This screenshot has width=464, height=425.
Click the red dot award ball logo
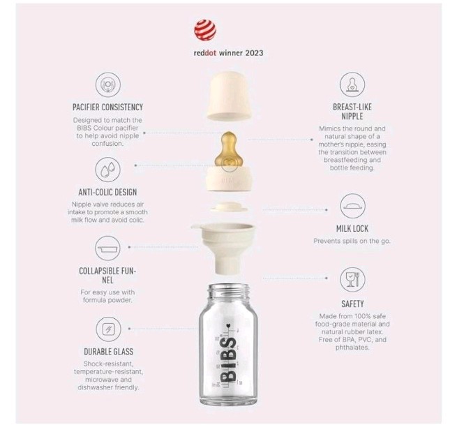click(x=204, y=30)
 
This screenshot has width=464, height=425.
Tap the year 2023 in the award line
click(x=254, y=53)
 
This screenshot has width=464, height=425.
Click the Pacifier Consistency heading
click(x=107, y=107)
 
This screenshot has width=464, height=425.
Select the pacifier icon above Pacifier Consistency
click(x=107, y=84)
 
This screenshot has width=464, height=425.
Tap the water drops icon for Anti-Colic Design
click(x=107, y=170)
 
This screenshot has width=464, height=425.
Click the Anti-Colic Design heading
click(x=107, y=192)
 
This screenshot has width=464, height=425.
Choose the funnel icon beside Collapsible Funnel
click(x=107, y=248)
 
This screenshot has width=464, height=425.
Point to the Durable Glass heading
click(x=109, y=352)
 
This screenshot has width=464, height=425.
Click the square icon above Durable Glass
click(x=108, y=329)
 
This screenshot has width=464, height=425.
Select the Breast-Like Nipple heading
click(x=352, y=111)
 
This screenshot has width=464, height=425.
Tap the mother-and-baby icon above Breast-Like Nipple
click(x=352, y=84)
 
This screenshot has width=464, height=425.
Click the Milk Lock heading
click(x=352, y=228)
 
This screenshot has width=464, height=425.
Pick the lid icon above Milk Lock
click(x=353, y=206)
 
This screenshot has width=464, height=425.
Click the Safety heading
click(x=352, y=304)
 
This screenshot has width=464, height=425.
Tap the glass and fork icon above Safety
click(x=352, y=279)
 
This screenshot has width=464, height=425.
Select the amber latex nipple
click(x=227, y=151)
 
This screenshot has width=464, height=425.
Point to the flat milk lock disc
click(x=229, y=207)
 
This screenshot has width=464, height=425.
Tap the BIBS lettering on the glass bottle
click(x=229, y=359)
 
